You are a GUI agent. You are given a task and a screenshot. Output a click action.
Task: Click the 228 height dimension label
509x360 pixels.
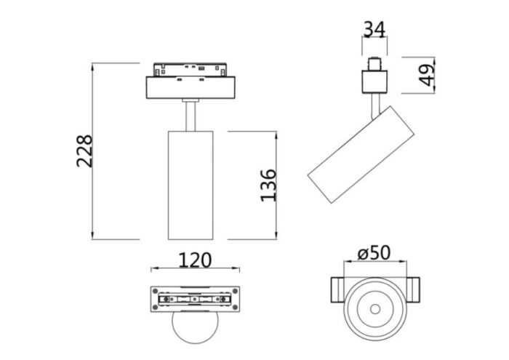coord(84,151)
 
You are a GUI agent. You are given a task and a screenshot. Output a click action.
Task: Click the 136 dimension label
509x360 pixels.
coord(268,185)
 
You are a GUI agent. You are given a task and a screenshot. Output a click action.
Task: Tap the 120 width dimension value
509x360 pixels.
coord(194,260)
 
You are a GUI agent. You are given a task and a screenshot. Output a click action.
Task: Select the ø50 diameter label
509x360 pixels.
coord(374,253)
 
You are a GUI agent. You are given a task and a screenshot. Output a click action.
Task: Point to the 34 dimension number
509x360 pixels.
coord(374,30)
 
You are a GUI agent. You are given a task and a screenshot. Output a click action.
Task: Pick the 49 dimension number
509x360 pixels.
coord(428,73)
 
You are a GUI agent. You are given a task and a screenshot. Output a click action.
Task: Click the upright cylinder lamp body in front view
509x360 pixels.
coord(190,185)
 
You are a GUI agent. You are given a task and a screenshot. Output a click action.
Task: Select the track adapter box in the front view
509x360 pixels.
coord(192,88)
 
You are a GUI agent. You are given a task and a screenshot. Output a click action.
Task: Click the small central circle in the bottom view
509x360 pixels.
coord(374,308)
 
